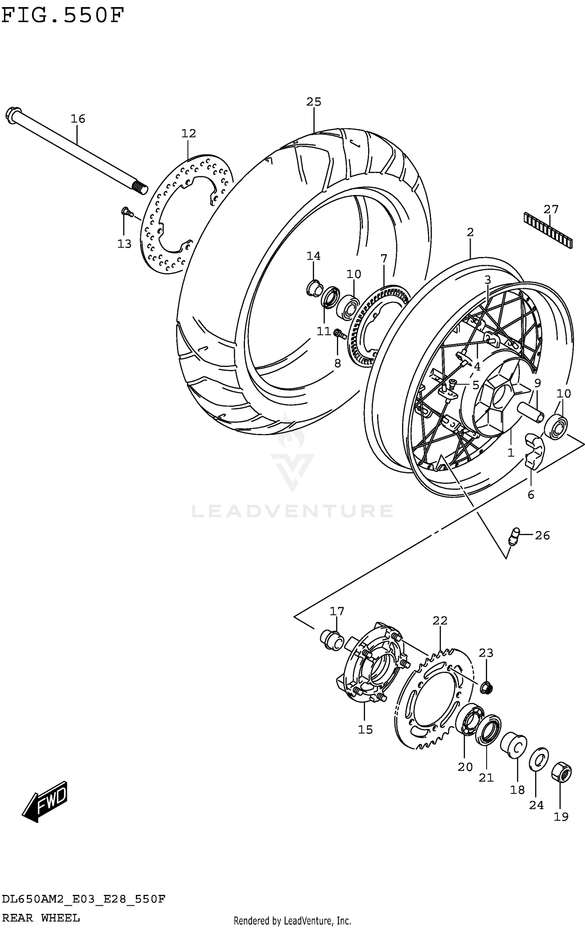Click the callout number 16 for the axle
tap(78, 119)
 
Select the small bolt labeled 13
tap(126, 212)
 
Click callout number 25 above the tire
tap(314, 102)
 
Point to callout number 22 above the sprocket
tap(440, 620)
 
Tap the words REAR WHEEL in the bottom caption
tap(41, 918)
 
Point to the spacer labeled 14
tap(314, 289)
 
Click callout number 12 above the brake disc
tap(188, 133)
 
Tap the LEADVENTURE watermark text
tap(292, 511)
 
